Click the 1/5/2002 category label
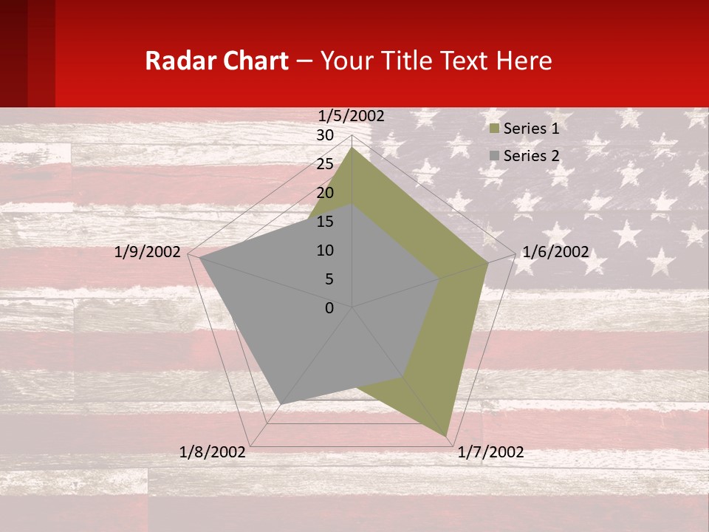click(352, 116)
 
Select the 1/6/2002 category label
click(555, 252)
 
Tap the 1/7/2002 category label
click(490, 452)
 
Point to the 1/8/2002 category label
click(213, 452)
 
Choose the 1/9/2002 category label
click(148, 252)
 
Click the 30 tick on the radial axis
click(325, 135)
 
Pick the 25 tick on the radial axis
click(325, 164)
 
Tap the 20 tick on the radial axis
click(325, 193)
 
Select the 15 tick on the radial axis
click(325, 222)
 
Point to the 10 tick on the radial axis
click(325, 250)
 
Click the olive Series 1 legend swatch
click(495, 129)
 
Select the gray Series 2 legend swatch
click(495, 156)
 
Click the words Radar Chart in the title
click(216, 61)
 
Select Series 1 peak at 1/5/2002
click(352, 147)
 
